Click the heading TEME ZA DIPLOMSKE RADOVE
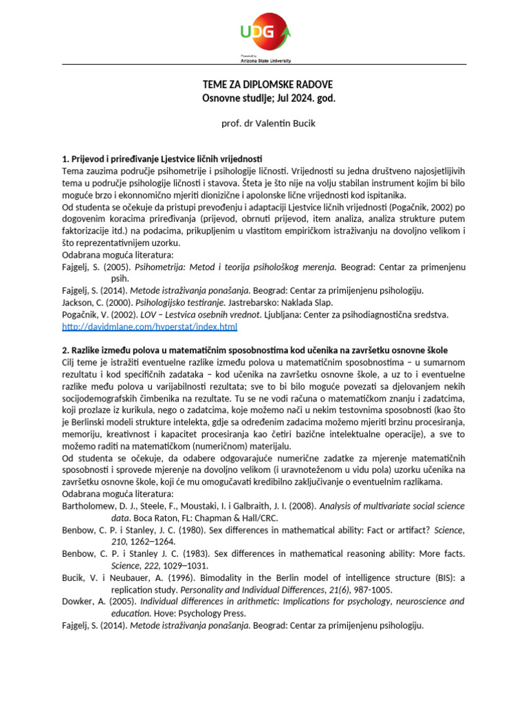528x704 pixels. click(x=267, y=85)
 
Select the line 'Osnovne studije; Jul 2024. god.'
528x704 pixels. click(x=267, y=98)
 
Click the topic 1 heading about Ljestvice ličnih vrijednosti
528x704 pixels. click(x=162, y=159)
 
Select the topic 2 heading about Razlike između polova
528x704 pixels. click(x=263, y=351)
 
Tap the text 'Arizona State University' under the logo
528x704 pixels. click(x=264, y=60)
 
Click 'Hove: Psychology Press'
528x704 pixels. click(x=200, y=613)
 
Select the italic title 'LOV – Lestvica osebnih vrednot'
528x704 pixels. click(x=205, y=314)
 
